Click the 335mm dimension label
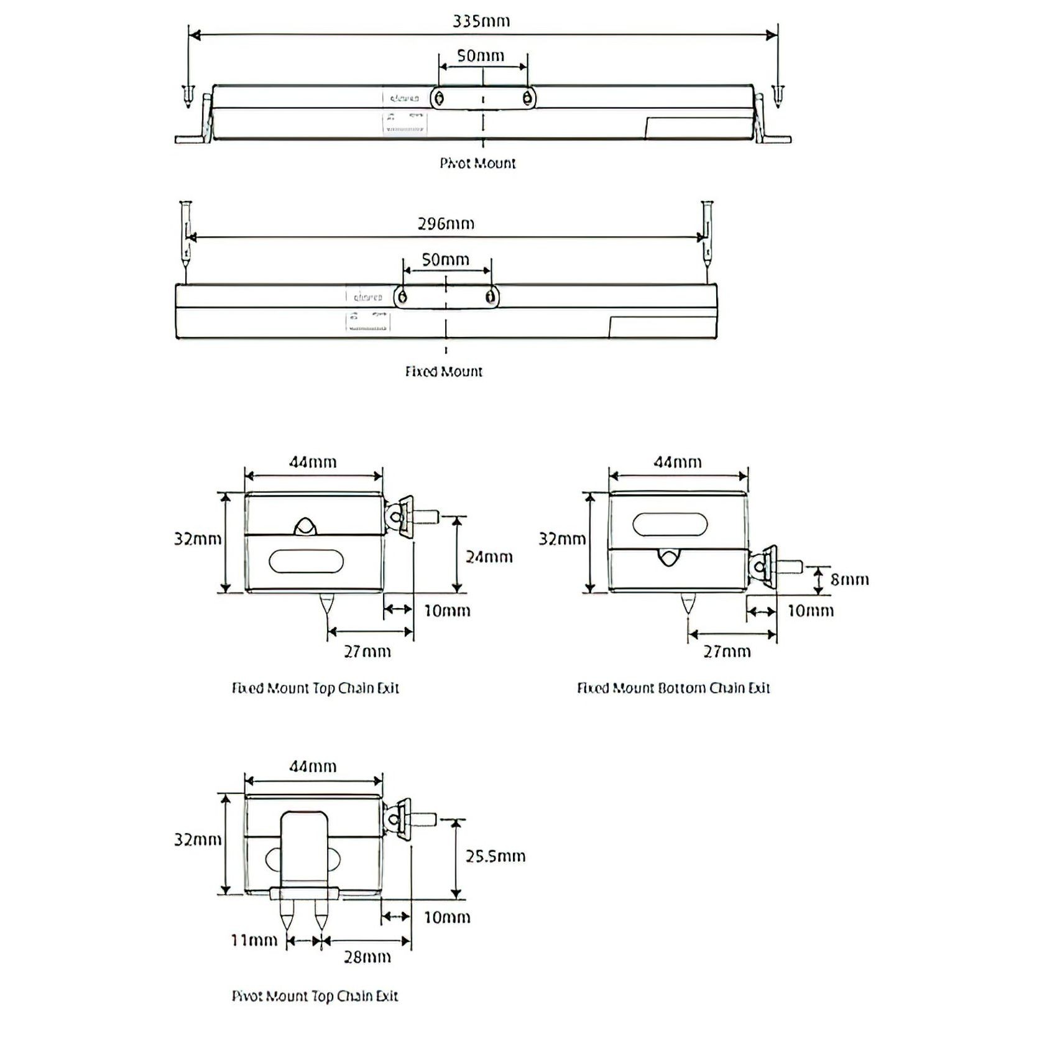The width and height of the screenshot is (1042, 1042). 481,21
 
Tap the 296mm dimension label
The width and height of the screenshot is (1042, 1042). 446,224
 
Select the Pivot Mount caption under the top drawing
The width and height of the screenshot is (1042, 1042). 477,164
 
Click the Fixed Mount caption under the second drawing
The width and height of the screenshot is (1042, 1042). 443,372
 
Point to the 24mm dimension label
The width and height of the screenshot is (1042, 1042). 489,557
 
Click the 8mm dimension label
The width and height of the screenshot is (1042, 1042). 849,580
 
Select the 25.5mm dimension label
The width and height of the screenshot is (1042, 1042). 496,857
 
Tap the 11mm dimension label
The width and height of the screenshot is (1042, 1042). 254,941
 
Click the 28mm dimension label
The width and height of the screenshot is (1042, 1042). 367,957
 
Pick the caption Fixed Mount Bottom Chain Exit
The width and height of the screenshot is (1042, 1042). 673,688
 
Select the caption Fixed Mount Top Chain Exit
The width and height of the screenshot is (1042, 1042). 315,688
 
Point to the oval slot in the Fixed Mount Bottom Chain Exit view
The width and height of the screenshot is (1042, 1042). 670,525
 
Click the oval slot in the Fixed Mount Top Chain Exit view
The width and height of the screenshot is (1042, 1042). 306,561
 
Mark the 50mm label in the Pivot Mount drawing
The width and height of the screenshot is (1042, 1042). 481,56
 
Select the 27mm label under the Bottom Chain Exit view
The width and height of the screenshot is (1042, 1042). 727,652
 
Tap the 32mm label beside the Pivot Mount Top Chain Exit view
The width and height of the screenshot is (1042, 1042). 198,840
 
